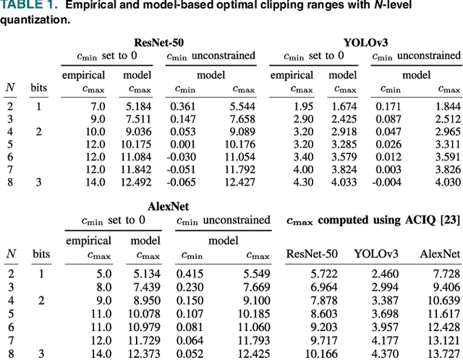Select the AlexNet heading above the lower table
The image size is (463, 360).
point(168,207)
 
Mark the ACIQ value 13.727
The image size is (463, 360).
point(443,353)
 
